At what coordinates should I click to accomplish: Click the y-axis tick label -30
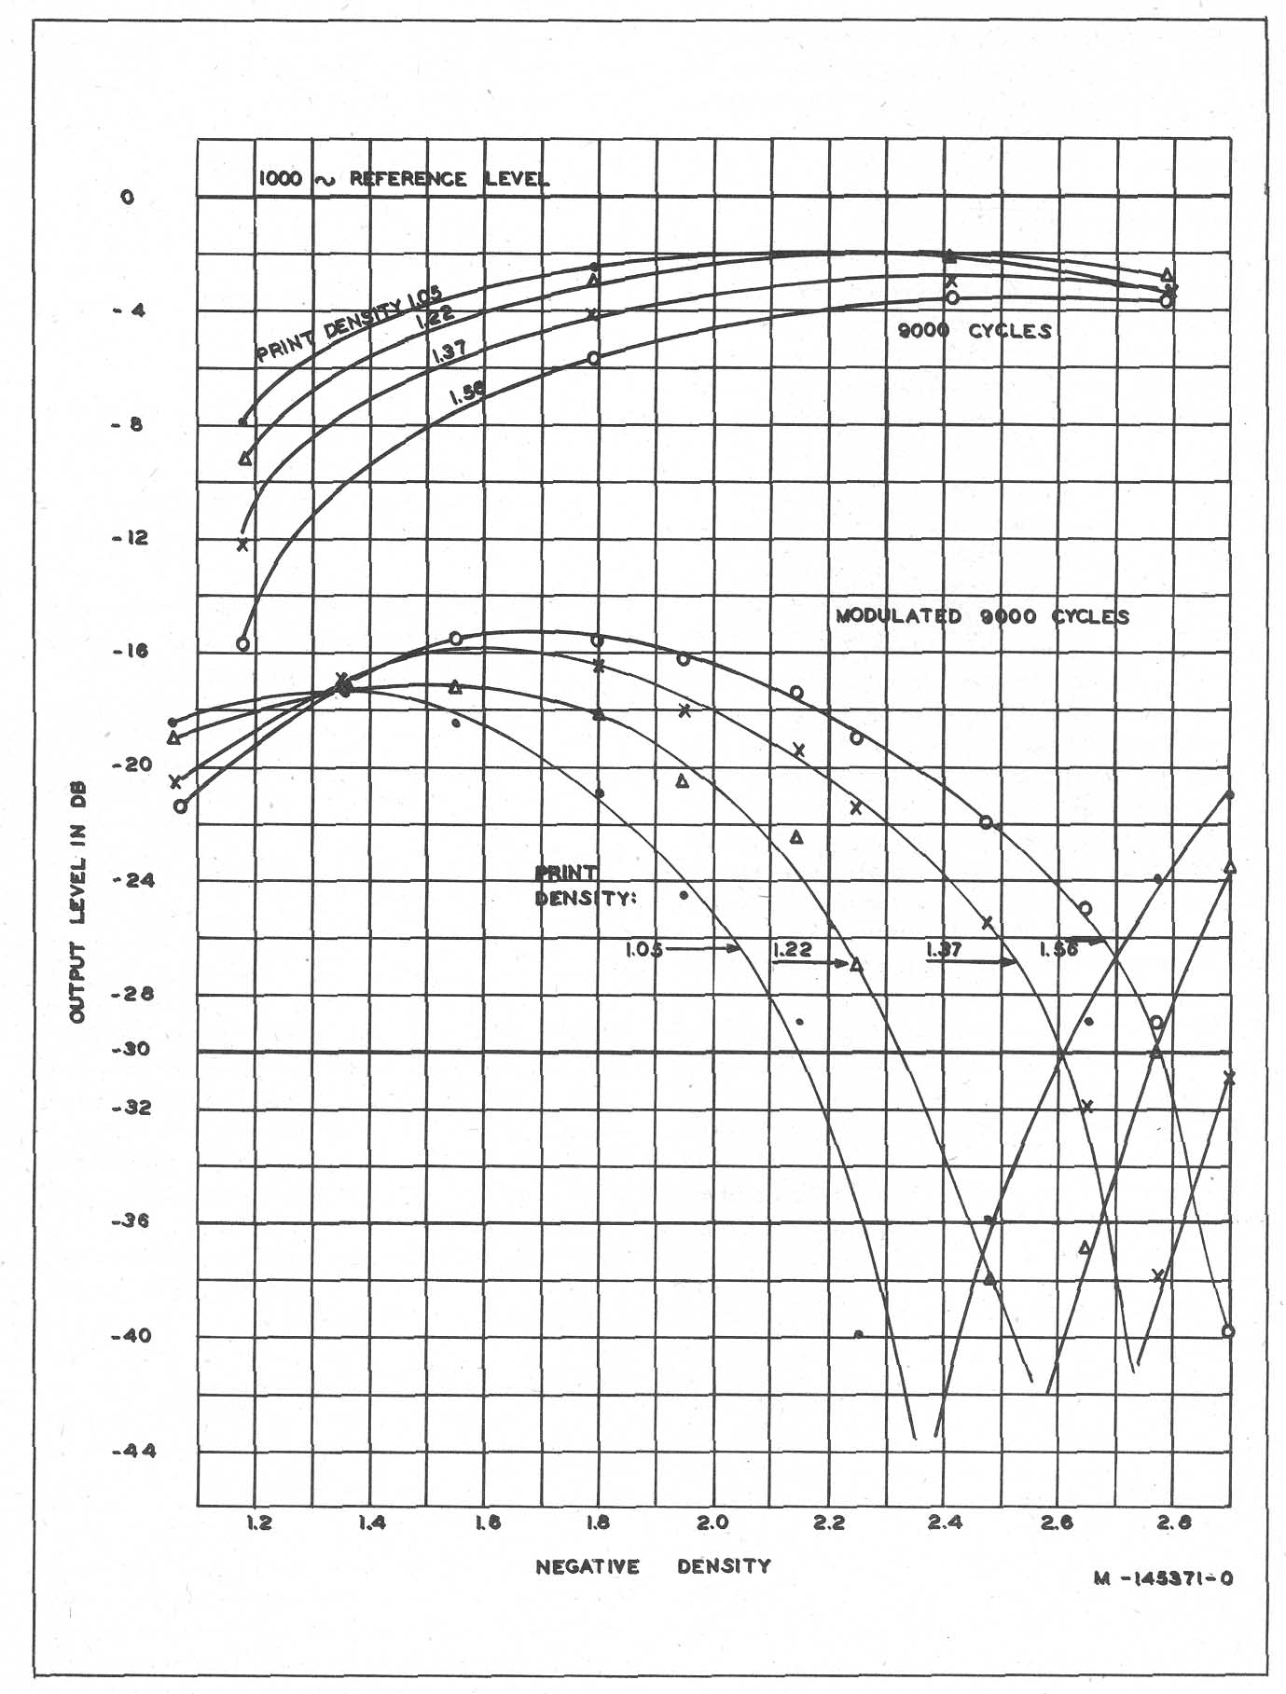tap(127, 1050)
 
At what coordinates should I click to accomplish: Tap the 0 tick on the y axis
tap(129, 198)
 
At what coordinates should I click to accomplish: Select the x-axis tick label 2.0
tap(713, 1523)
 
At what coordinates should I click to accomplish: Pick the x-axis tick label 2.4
tap(945, 1523)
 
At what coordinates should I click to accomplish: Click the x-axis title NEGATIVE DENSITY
tap(653, 1566)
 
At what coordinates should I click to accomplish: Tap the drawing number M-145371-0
tap(1164, 1578)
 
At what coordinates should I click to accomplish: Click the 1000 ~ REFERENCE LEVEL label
tap(403, 179)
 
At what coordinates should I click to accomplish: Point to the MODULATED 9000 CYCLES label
tap(982, 616)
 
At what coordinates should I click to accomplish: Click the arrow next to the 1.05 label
tap(704, 949)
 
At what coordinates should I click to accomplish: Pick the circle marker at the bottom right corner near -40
tap(1228, 1331)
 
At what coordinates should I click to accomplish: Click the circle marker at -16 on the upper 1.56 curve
tap(243, 643)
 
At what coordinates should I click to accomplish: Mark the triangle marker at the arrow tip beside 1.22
tap(857, 964)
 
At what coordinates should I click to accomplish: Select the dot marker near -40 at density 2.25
tap(858, 1333)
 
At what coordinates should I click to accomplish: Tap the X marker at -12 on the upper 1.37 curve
tap(243, 544)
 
